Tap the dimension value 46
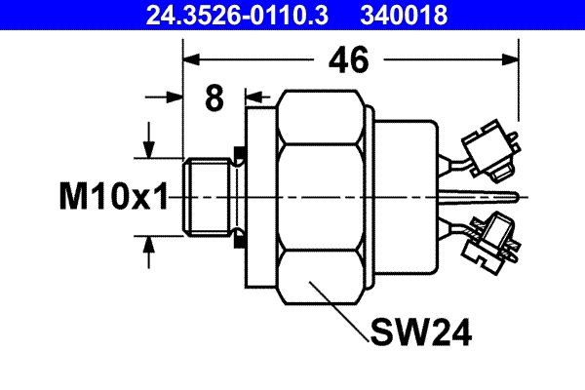[348, 59]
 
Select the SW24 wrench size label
[420, 333]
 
